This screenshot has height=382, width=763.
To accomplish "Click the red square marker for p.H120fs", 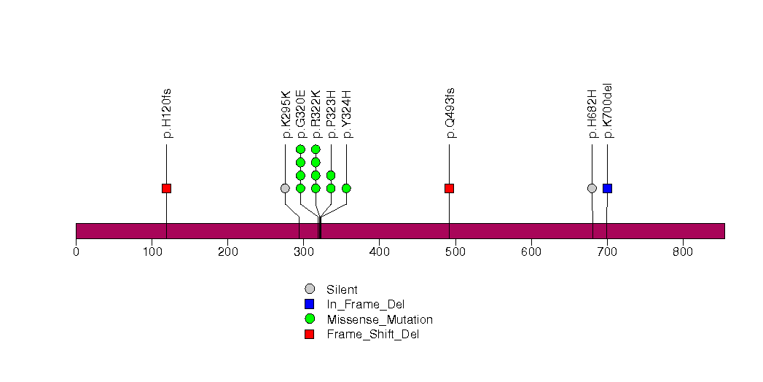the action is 166,188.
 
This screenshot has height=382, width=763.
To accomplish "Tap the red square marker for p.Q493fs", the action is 449,188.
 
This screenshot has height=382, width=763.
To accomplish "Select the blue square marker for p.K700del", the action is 607,188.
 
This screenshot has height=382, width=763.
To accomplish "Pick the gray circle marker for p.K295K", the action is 285,188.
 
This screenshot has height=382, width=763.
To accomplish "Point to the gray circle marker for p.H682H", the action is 592,188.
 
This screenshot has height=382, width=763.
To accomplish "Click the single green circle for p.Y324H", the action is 346,188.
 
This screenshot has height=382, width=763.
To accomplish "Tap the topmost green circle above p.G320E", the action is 300,149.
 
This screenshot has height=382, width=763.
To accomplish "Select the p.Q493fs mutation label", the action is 450,113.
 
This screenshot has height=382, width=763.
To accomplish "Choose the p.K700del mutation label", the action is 608,111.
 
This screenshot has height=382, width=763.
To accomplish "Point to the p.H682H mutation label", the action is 592,114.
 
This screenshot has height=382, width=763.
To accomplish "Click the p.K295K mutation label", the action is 286,114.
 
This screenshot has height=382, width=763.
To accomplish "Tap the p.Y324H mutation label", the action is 347,114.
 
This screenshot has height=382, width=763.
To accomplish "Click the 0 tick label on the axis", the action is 76,252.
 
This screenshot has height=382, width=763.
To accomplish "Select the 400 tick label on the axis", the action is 380,252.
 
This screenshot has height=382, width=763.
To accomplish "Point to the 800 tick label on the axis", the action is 683,252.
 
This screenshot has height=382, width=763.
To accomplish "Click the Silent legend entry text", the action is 342,290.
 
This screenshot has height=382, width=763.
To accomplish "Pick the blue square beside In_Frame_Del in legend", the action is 310,304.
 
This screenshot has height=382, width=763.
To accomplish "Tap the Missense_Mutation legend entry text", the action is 380,320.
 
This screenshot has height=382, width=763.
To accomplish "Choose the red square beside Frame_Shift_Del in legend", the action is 310,335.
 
